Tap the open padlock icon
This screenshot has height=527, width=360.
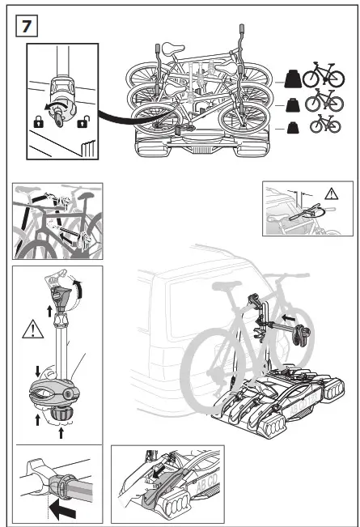click(82, 123)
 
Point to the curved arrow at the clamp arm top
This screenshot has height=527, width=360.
click(78, 287)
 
